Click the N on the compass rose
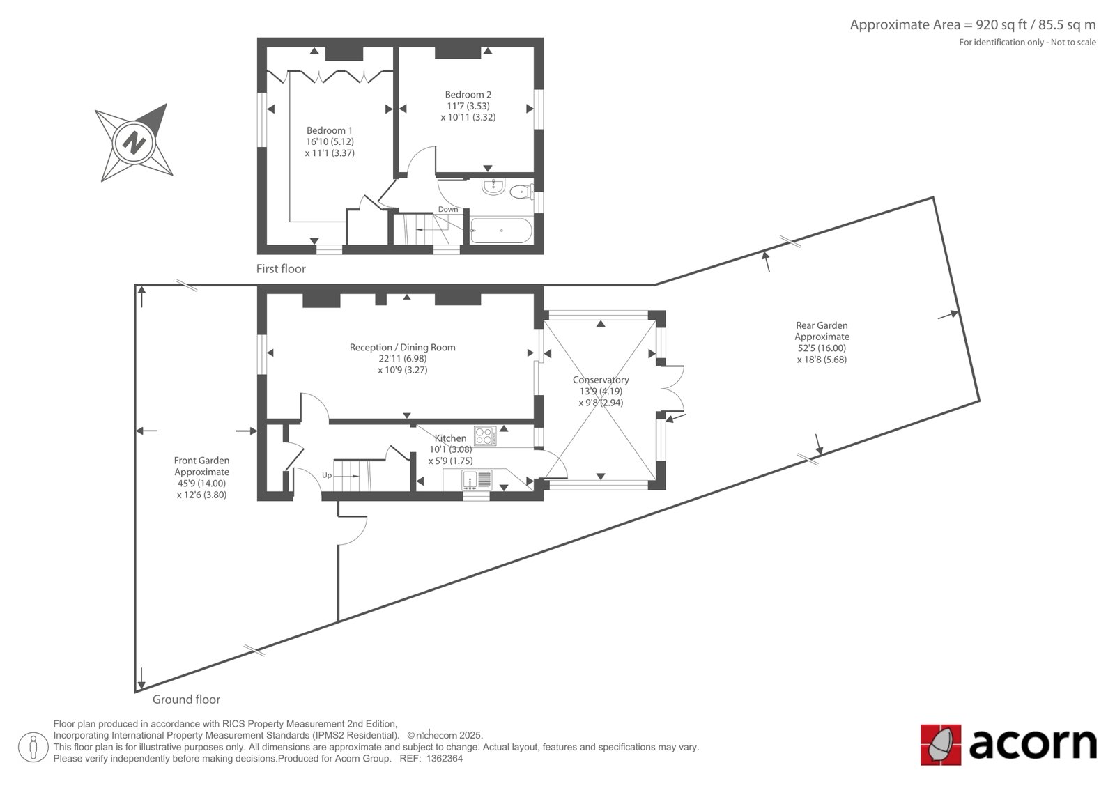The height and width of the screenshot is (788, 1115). point(134,142)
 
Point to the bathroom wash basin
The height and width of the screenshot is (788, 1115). point(493,187)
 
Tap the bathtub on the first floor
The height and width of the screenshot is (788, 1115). point(501,231)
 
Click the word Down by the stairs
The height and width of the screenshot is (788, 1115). point(448,210)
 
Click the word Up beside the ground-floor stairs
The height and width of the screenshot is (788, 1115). point(327,475)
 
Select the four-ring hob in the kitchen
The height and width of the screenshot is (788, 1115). point(485,436)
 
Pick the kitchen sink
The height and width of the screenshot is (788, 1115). point(477,480)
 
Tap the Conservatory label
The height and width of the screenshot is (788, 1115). point(601,380)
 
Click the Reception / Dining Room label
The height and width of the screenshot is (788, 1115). point(402,348)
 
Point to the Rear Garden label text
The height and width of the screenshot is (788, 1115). point(822,325)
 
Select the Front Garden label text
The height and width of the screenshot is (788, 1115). point(201,461)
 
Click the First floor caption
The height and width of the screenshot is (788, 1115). point(281,269)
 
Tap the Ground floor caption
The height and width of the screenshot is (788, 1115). point(186,700)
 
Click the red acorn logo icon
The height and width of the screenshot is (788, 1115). point(940,745)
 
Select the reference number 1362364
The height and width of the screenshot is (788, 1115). point(445,759)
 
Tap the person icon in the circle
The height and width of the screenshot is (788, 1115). point(33,747)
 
